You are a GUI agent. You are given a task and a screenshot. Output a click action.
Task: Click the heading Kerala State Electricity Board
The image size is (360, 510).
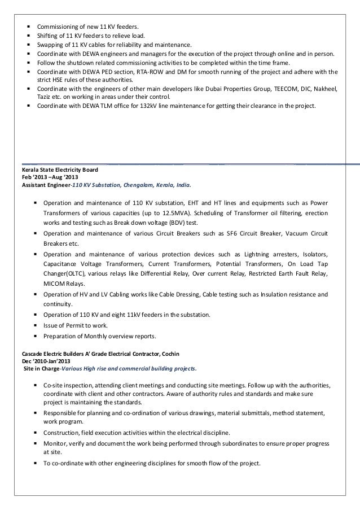pos(60,169)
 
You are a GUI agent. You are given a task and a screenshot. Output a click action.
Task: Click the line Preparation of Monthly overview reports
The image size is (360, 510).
pos(99,336)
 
